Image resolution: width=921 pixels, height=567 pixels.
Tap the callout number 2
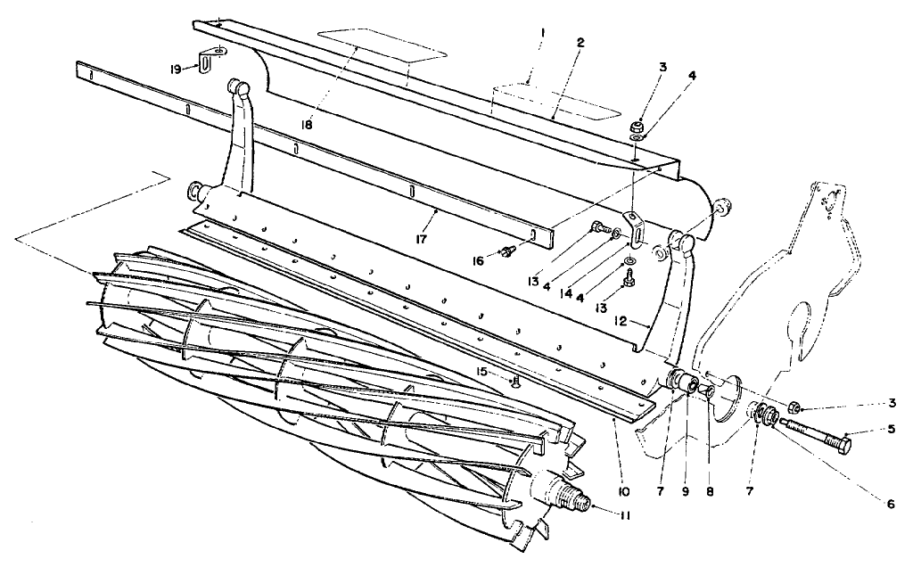(581, 42)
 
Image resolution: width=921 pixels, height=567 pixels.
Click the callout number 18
(307, 125)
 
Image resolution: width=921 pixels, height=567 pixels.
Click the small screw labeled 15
(515, 384)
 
